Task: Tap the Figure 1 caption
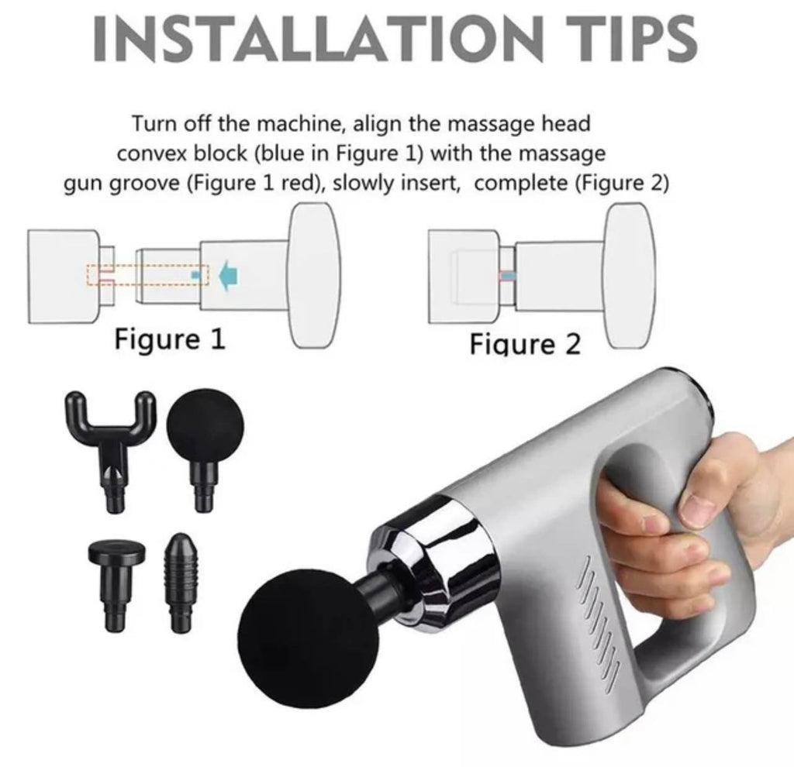pos(170,339)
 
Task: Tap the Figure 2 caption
pos(525,345)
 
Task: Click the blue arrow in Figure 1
pos(230,275)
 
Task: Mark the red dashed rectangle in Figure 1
pos(147,275)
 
